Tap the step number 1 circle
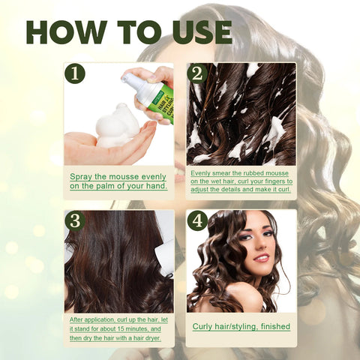point(75,73)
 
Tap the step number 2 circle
point(197,73)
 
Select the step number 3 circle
point(75,220)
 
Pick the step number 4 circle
point(197,220)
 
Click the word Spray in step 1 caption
point(82,176)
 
